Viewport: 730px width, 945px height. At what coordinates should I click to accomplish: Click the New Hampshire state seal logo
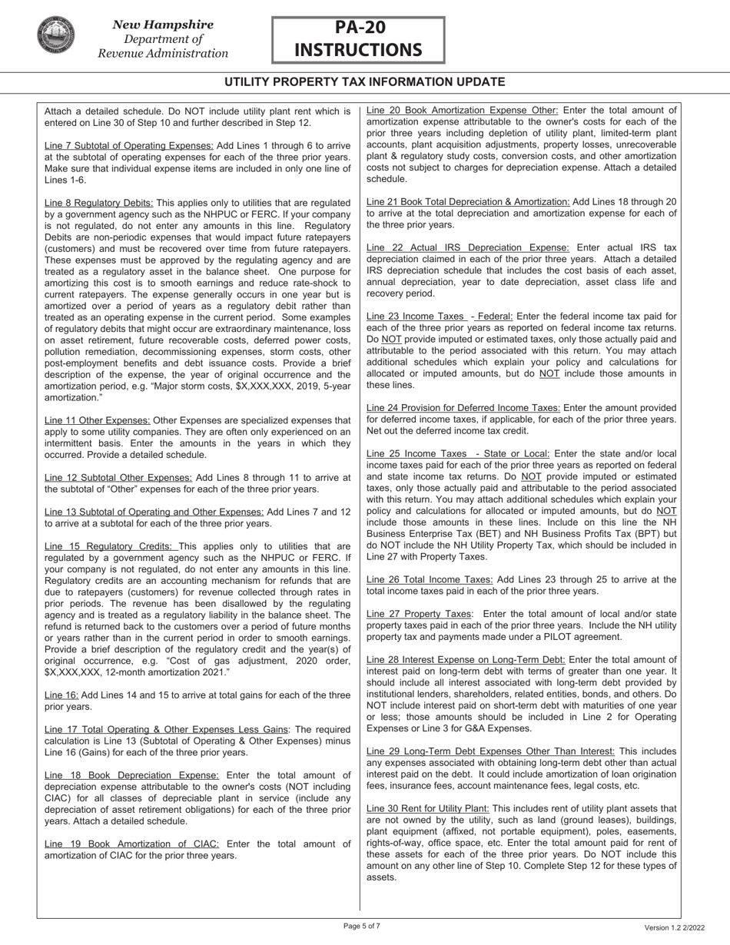[55, 36]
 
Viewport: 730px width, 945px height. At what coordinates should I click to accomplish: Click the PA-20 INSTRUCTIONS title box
[358, 40]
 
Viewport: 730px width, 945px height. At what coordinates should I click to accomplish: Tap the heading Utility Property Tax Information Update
[364, 82]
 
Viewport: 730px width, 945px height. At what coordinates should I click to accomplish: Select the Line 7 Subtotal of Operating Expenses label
[129, 146]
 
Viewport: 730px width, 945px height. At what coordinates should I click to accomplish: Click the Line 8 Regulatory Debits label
[99, 203]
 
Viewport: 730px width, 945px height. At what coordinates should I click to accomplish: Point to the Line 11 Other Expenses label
[98, 420]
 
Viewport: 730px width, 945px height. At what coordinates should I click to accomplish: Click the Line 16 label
[61, 695]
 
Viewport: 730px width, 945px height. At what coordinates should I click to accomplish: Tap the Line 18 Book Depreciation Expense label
[131, 776]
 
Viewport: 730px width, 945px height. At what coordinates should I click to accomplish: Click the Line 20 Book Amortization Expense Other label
[463, 111]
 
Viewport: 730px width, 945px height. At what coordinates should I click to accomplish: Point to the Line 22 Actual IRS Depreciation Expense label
[468, 247]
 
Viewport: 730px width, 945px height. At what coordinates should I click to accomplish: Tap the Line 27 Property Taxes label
[419, 614]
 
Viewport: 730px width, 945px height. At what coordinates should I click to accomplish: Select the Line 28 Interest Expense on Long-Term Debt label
[466, 659]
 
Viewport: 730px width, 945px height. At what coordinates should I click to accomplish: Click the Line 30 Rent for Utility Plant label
[428, 808]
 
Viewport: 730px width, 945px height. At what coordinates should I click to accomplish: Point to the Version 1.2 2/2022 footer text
[674, 928]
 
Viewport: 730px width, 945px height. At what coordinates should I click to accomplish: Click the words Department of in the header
[163, 39]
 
